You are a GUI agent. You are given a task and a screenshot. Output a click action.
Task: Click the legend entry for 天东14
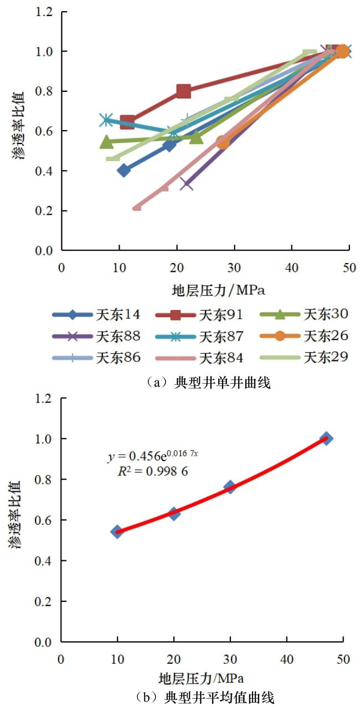pyautogui.click(x=96, y=315)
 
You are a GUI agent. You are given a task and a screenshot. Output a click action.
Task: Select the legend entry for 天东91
pyautogui.click(x=199, y=315)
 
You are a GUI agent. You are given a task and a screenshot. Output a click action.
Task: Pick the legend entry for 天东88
pyautogui.click(x=96, y=336)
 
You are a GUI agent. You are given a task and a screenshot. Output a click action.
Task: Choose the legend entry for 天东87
pyautogui.click(x=199, y=336)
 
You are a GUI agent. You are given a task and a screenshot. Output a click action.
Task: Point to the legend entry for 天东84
pyautogui.click(x=199, y=358)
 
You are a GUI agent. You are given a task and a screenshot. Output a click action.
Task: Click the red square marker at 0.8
pyautogui.click(x=184, y=91)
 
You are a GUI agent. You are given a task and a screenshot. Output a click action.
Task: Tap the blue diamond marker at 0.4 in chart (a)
pyautogui.click(x=124, y=170)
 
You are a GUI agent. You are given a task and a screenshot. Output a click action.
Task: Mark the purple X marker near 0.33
pyautogui.click(x=187, y=183)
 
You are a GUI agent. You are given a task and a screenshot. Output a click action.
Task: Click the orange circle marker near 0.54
pyautogui.click(x=223, y=142)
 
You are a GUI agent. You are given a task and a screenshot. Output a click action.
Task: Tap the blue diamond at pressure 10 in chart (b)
pyautogui.click(x=117, y=531)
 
